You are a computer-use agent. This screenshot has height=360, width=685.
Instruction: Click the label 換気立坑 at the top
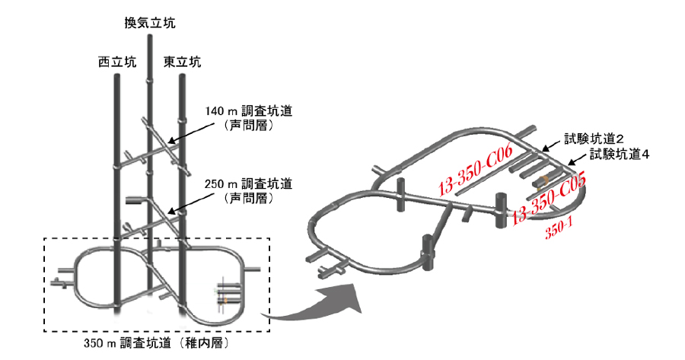[150, 23]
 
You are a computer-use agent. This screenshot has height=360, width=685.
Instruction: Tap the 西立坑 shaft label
[117, 62]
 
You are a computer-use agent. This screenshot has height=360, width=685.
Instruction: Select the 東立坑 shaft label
[182, 62]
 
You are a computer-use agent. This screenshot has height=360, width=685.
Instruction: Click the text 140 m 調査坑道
[249, 111]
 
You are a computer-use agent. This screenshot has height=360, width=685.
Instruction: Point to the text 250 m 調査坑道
[249, 183]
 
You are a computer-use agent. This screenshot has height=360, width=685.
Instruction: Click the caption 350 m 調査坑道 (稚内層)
[156, 343]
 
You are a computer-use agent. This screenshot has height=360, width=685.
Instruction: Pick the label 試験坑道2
[594, 139]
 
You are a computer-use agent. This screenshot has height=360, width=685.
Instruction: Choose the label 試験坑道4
[620, 155]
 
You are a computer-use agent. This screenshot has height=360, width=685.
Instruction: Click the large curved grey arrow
[313, 304]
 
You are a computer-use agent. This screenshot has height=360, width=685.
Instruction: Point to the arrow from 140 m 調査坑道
[191, 132]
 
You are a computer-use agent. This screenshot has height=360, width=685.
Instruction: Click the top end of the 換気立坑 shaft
[149, 36]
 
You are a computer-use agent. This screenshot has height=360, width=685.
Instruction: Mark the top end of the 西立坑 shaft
[117, 75]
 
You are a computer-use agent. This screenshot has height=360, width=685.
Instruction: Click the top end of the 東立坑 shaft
[182, 75]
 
